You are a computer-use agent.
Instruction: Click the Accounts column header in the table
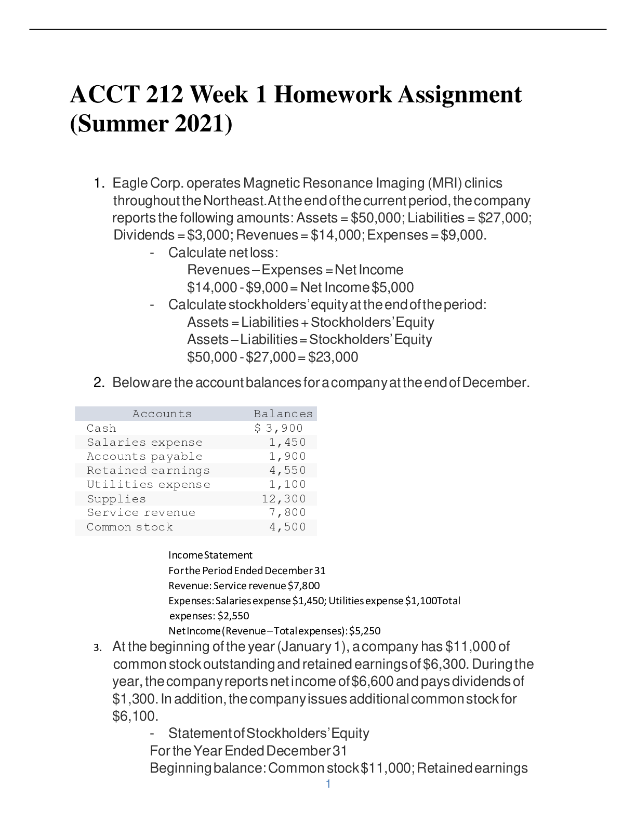[x=162, y=414]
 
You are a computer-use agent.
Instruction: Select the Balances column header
[x=283, y=414]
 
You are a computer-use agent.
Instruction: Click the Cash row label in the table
[x=101, y=428]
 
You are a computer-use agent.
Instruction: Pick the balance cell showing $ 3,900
[x=278, y=428]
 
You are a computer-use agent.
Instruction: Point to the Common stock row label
[x=129, y=527]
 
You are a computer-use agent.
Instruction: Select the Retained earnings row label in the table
[x=148, y=470]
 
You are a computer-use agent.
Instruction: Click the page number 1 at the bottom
[x=327, y=784]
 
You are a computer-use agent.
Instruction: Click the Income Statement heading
[x=210, y=555]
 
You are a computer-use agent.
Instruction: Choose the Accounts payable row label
[x=144, y=456]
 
